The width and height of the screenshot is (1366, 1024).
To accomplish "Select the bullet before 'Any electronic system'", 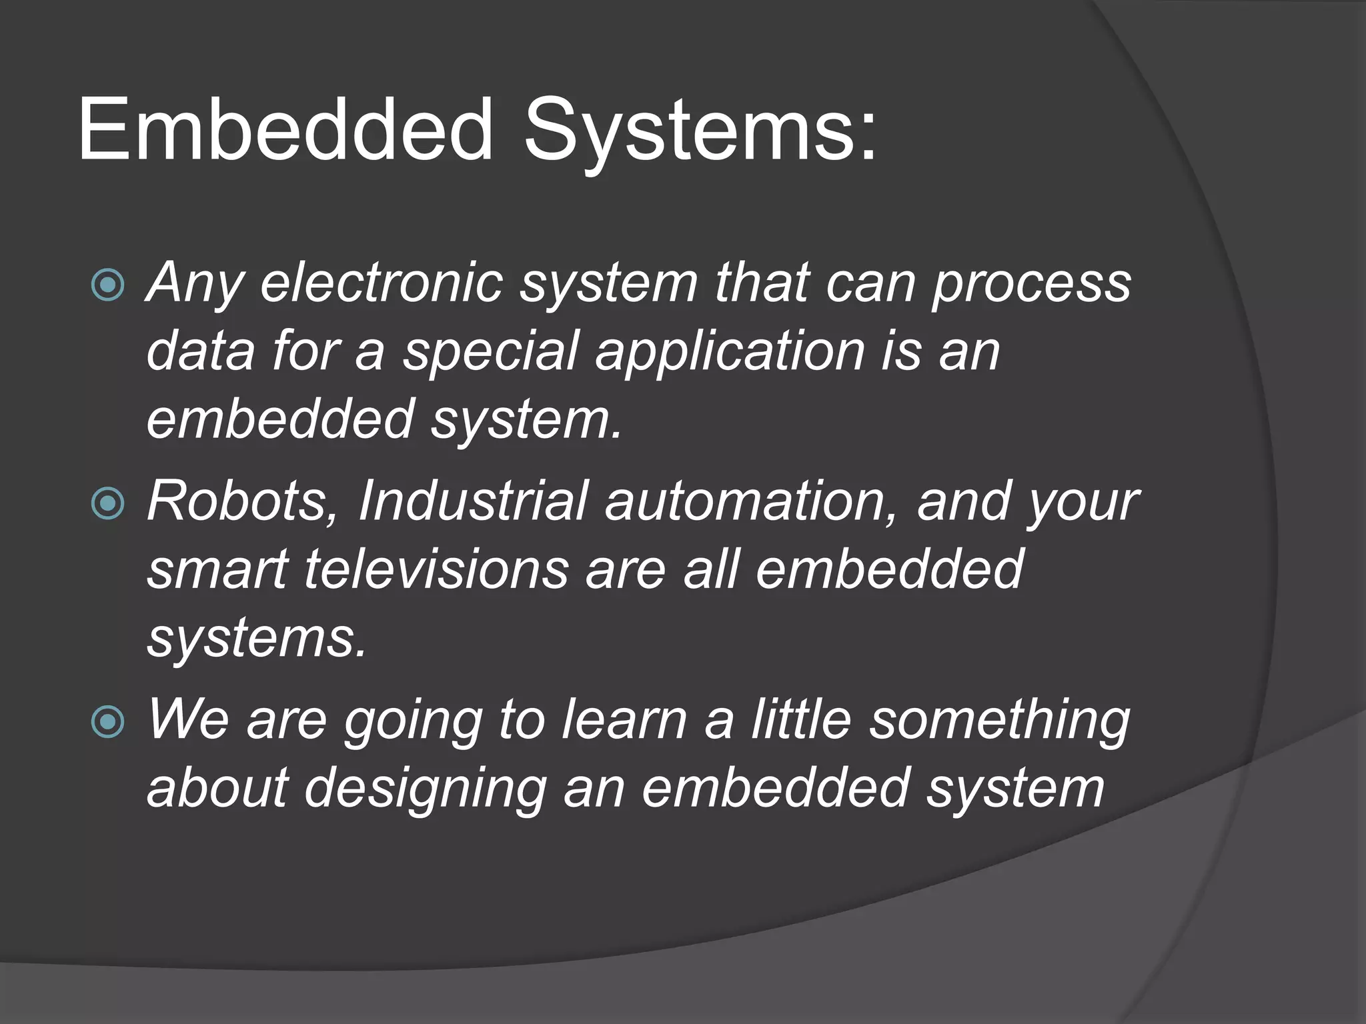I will tap(107, 285).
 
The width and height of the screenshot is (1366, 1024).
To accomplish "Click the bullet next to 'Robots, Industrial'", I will tap(107, 503).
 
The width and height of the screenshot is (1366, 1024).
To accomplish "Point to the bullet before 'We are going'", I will tap(107, 721).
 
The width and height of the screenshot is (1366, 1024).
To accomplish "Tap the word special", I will tap(490, 352).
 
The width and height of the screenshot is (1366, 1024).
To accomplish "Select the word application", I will tap(731, 352).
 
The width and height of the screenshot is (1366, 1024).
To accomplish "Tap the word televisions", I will tap(437, 569).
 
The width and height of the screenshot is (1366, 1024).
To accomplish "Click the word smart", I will tap(217, 571).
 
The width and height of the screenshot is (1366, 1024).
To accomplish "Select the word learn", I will tap(624, 720).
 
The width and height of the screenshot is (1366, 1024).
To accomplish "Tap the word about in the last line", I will tap(217, 788).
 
